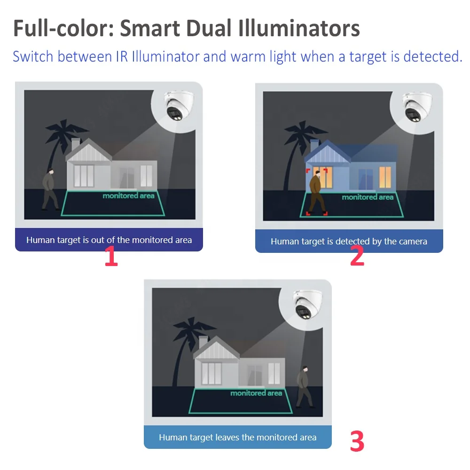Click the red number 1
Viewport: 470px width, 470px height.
click(111, 257)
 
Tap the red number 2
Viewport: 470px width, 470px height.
click(357, 257)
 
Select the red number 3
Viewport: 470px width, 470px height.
click(357, 441)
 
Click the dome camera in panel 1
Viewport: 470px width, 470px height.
click(177, 106)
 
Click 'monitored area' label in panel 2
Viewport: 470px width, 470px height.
click(368, 197)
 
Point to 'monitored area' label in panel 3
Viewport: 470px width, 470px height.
click(256, 393)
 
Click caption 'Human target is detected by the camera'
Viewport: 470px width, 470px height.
click(349, 242)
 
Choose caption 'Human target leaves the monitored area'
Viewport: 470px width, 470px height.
click(237, 438)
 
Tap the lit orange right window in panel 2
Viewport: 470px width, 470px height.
click(385, 177)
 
